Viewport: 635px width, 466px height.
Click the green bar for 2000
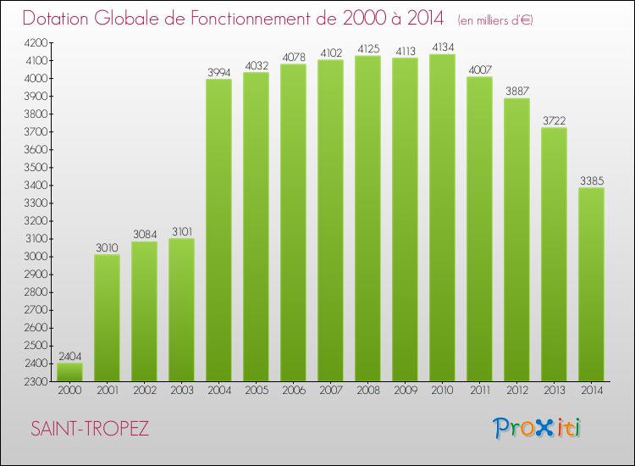point(69,372)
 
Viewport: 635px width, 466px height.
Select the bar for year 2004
point(218,229)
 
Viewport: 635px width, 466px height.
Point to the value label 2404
point(69,356)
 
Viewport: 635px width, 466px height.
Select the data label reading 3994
point(218,72)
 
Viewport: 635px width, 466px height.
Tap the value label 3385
point(591,180)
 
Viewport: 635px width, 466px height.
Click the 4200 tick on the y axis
point(36,42)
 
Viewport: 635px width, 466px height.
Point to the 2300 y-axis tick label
point(36,381)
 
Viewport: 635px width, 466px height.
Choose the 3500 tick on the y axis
point(36,167)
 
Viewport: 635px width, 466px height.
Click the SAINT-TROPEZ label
point(89,429)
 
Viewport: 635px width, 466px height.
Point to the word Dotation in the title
point(59,18)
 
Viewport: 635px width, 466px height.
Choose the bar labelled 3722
point(554,254)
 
